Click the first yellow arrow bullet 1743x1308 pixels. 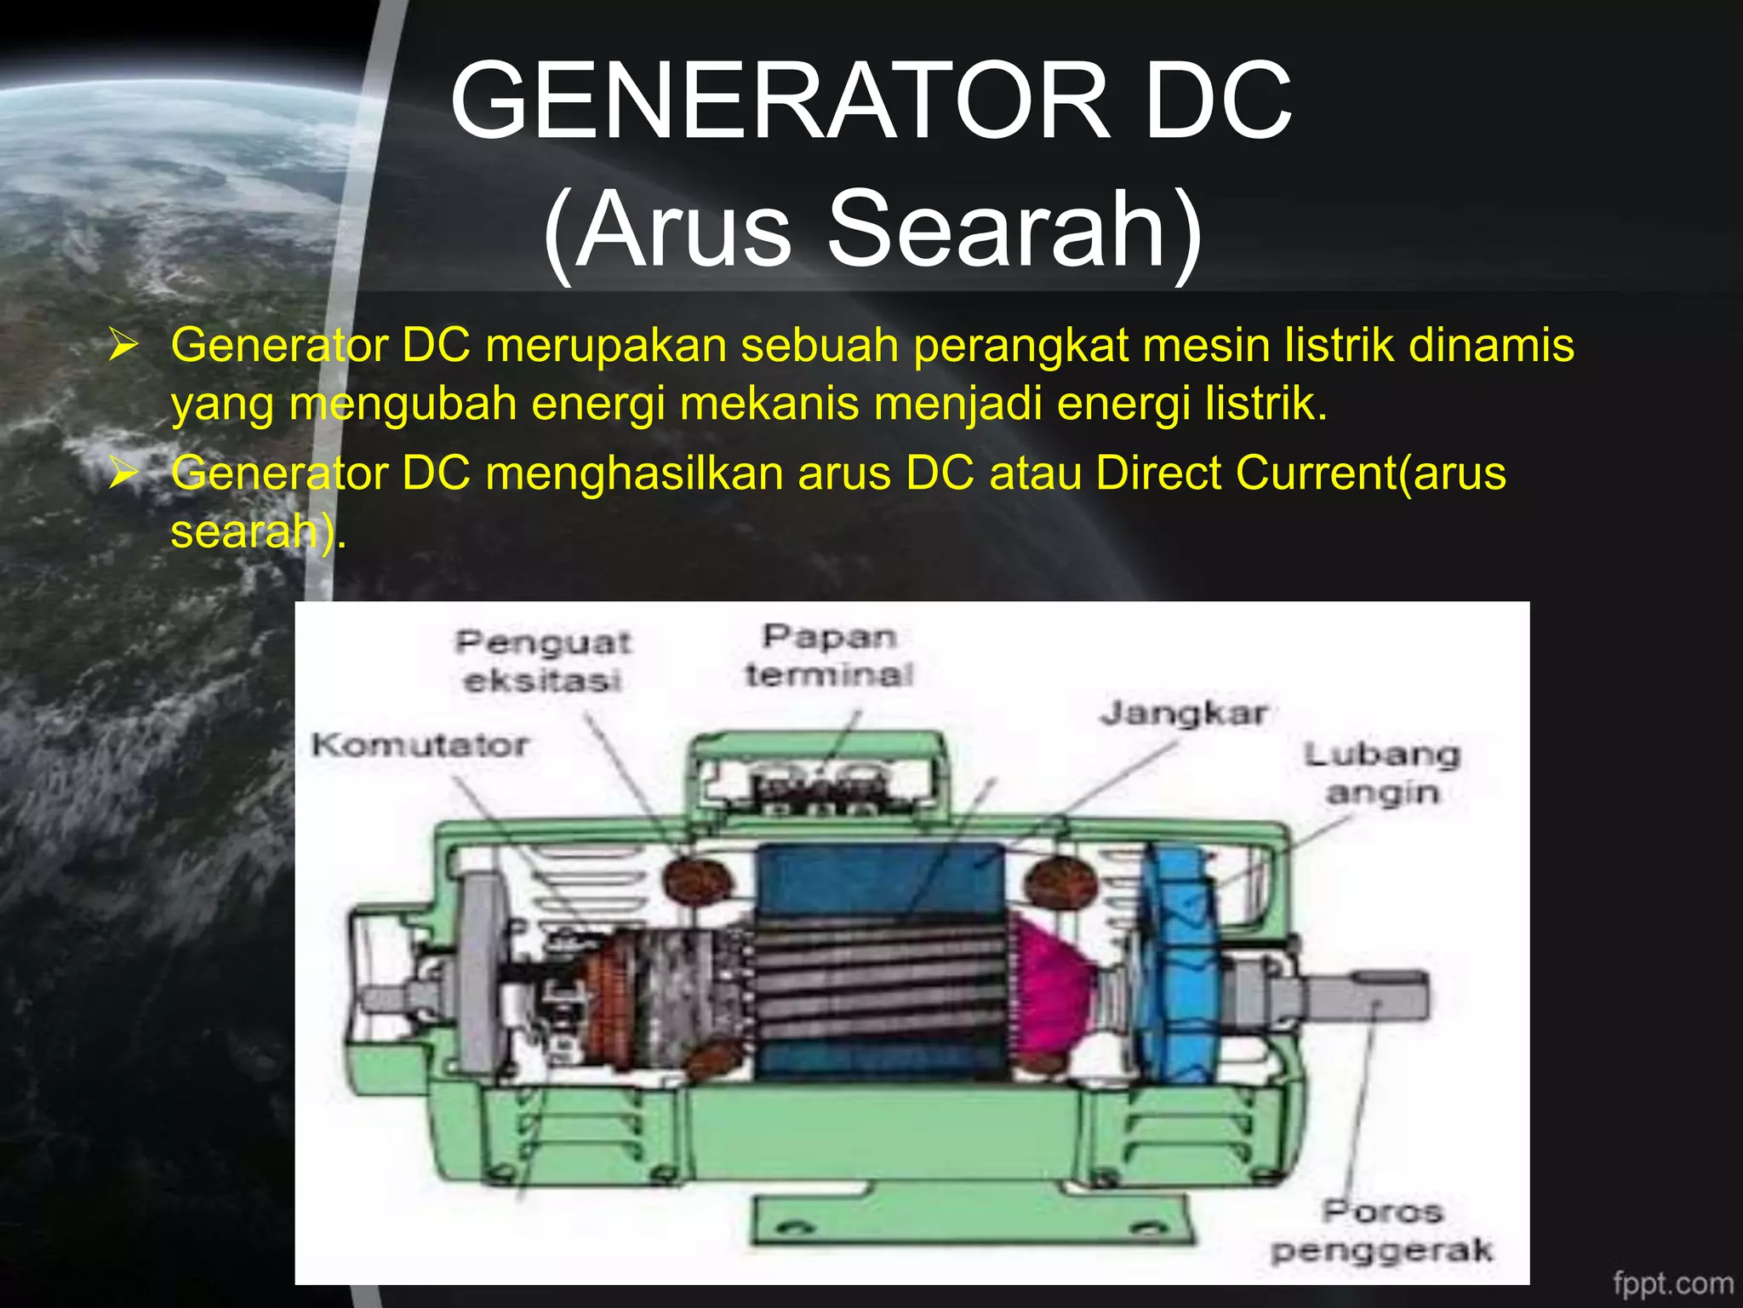pos(123,347)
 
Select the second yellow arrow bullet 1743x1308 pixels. pos(123,473)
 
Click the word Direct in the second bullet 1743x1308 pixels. pos(1158,473)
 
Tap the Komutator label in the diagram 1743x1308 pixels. pos(420,745)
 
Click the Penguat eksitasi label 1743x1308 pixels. pos(543,661)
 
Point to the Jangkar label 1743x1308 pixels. pos(1184,713)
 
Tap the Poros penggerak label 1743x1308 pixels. pos(1382,1231)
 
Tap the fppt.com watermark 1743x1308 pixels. pos(1672,1282)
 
